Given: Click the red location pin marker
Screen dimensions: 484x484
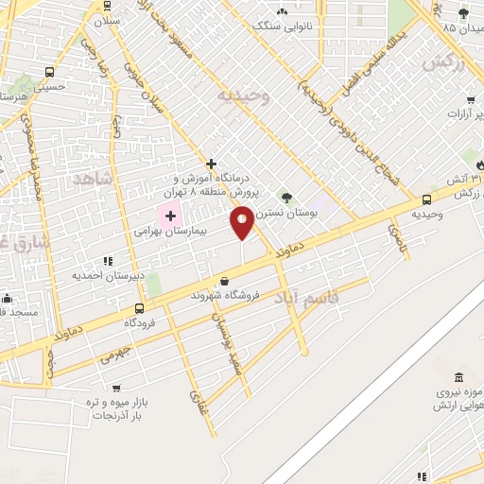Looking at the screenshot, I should pyautogui.click(x=242, y=223).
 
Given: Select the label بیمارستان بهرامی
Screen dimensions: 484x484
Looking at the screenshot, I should pyautogui.click(x=171, y=230).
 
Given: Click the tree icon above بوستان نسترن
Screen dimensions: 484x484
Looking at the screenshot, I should pyautogui.click(x=286, y=198).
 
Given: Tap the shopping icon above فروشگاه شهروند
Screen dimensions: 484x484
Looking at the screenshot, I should pyautogui.click(x=224, y=281).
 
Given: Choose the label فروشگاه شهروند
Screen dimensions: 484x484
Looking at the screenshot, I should pyautogui.click(x=224, y=295).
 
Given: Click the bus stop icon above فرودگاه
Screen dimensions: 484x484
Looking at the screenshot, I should pyautogui.click(x=140, y=308).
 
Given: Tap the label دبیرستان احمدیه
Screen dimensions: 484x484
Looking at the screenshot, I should pyautogui.click(x=106, y=276).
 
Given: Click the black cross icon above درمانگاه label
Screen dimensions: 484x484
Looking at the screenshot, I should pyautogui.click(x=212, y=164).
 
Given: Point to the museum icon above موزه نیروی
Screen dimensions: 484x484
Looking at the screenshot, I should pyautogui.click(x=458, y=376).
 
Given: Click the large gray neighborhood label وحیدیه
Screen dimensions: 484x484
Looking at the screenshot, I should pyautogui.click(x=244, y=95).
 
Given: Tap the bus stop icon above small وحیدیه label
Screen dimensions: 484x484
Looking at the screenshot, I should pyautogui.click(x=427, y=199).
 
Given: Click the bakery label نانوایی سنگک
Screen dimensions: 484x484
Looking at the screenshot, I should pyautogui.click(x=282, y=26).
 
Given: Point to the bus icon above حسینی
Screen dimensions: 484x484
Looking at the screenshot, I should pyautogui.click(x=49, y=72).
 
